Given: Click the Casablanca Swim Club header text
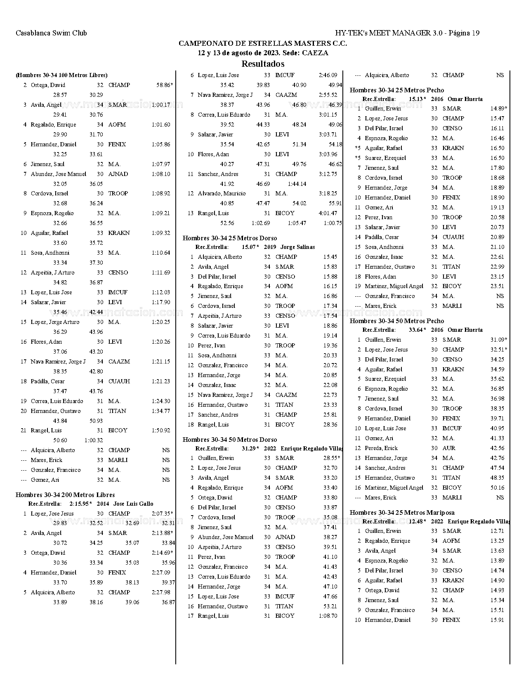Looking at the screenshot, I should coord(51,33).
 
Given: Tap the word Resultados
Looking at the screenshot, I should coord(263,64).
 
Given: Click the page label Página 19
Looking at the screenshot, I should coord(464,33).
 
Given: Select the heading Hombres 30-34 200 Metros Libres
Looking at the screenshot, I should coord(65,495).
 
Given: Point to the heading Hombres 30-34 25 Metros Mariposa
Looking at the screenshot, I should coord(402,512).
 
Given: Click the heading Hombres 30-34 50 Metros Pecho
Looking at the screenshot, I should coord(397,321).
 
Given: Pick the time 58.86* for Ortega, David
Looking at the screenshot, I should coord(164,85).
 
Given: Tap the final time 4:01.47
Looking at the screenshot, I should coord(328,213).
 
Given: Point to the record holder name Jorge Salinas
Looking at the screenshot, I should coord(297,247).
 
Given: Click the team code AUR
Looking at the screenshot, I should coord(449,448).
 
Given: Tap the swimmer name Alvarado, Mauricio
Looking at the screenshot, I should coord(222,193).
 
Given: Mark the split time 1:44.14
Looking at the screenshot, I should coord(297,184).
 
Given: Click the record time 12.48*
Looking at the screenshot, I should coord(417,521).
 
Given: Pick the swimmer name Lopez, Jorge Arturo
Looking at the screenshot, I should coord(55,322).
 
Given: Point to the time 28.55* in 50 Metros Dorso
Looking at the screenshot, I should coord(332,458).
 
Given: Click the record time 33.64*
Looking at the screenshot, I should coord(417,330).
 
